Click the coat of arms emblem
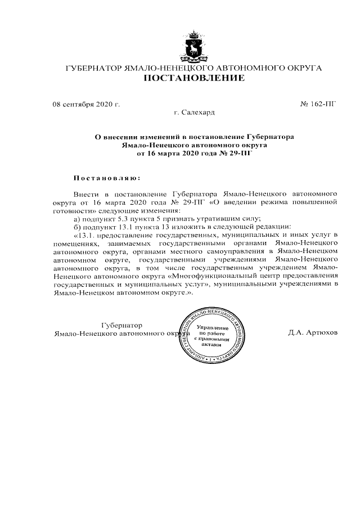coord(194,48)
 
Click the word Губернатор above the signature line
coord(121,325)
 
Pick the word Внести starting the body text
coord(87,192)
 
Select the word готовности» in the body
coord(75,209)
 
